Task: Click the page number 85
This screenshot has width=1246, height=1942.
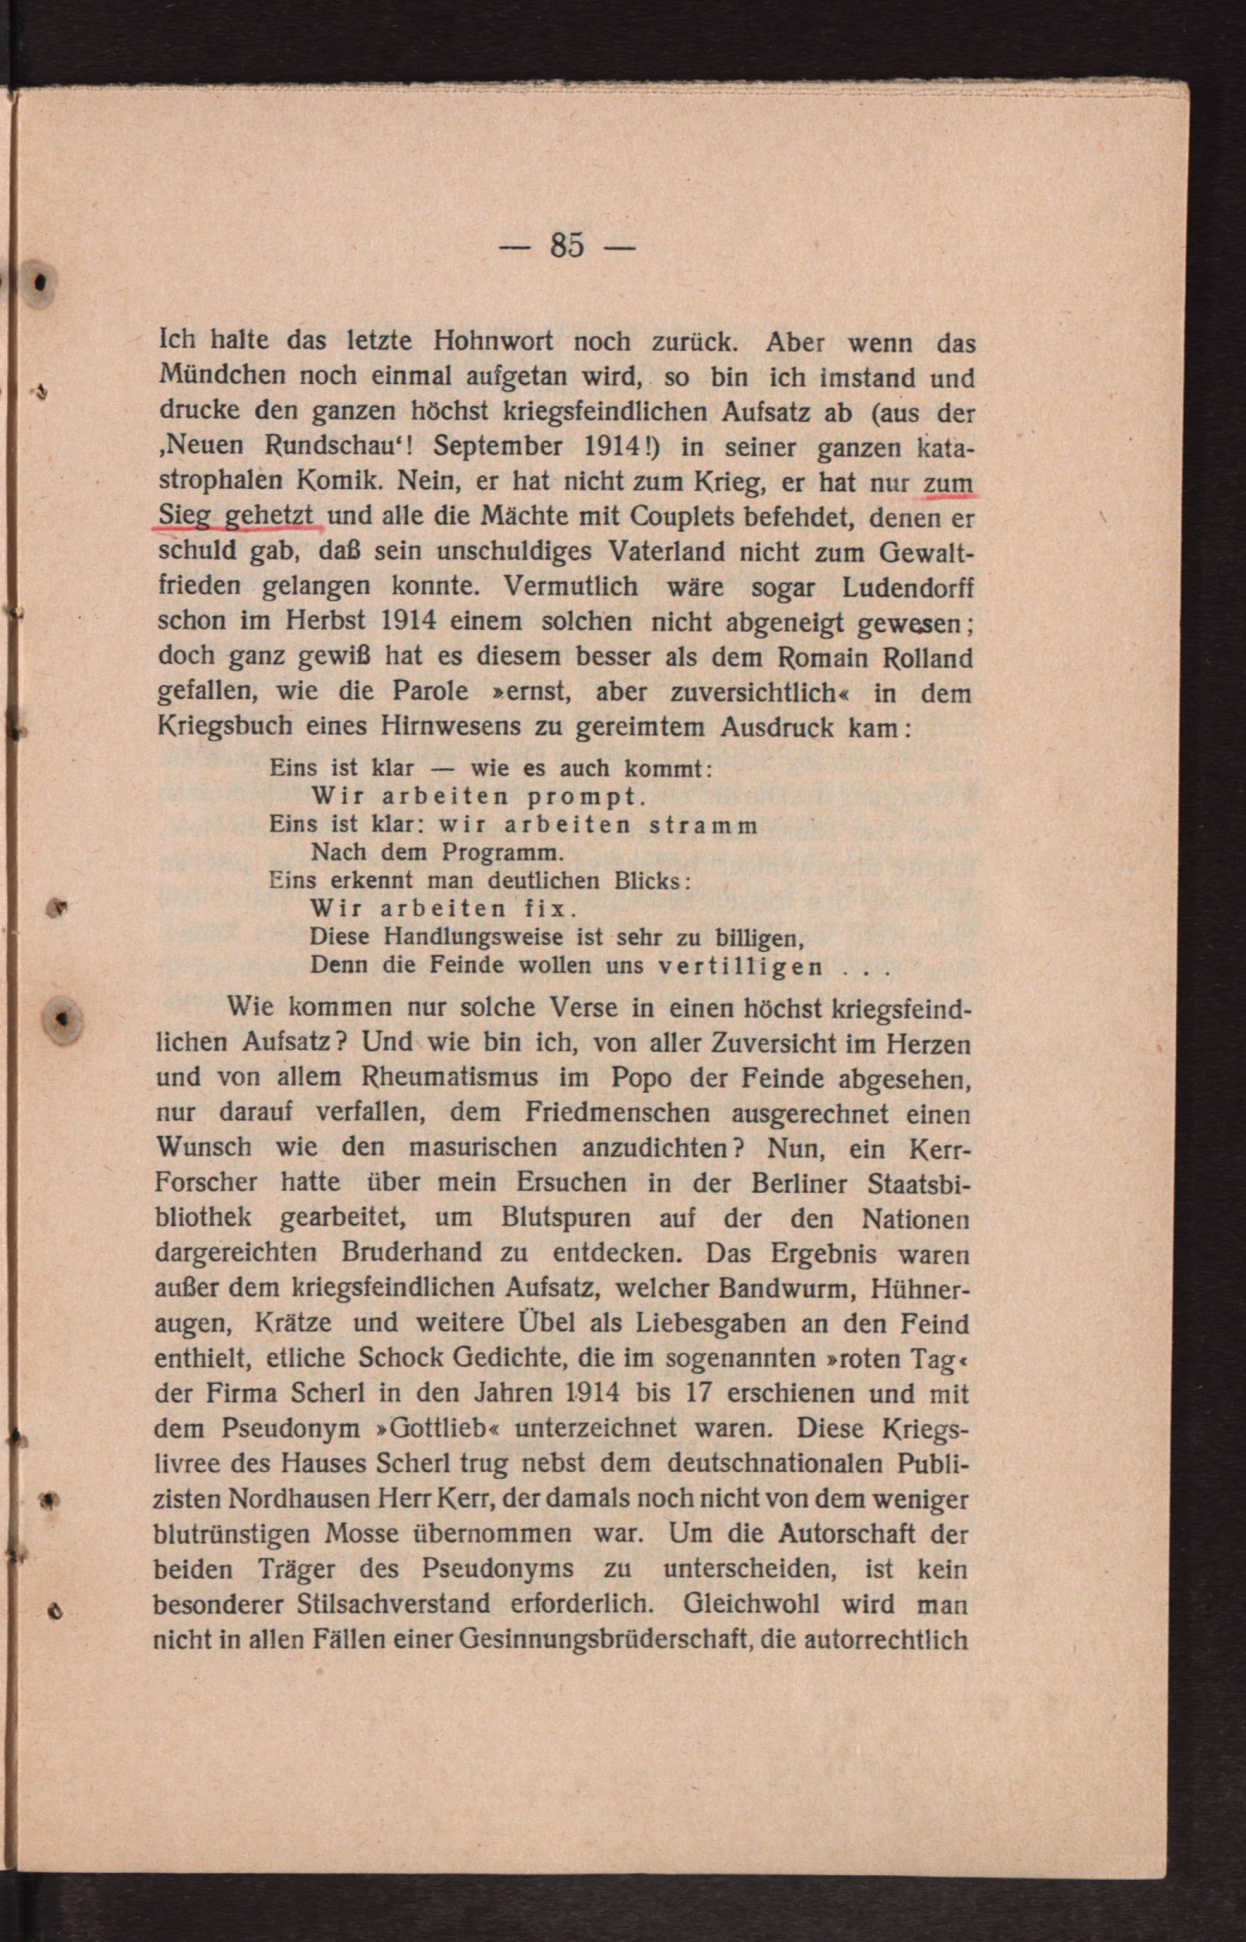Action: (567, 245)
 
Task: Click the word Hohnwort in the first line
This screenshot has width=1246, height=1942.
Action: (493, 341)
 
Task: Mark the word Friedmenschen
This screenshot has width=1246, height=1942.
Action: (617, 1113)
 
